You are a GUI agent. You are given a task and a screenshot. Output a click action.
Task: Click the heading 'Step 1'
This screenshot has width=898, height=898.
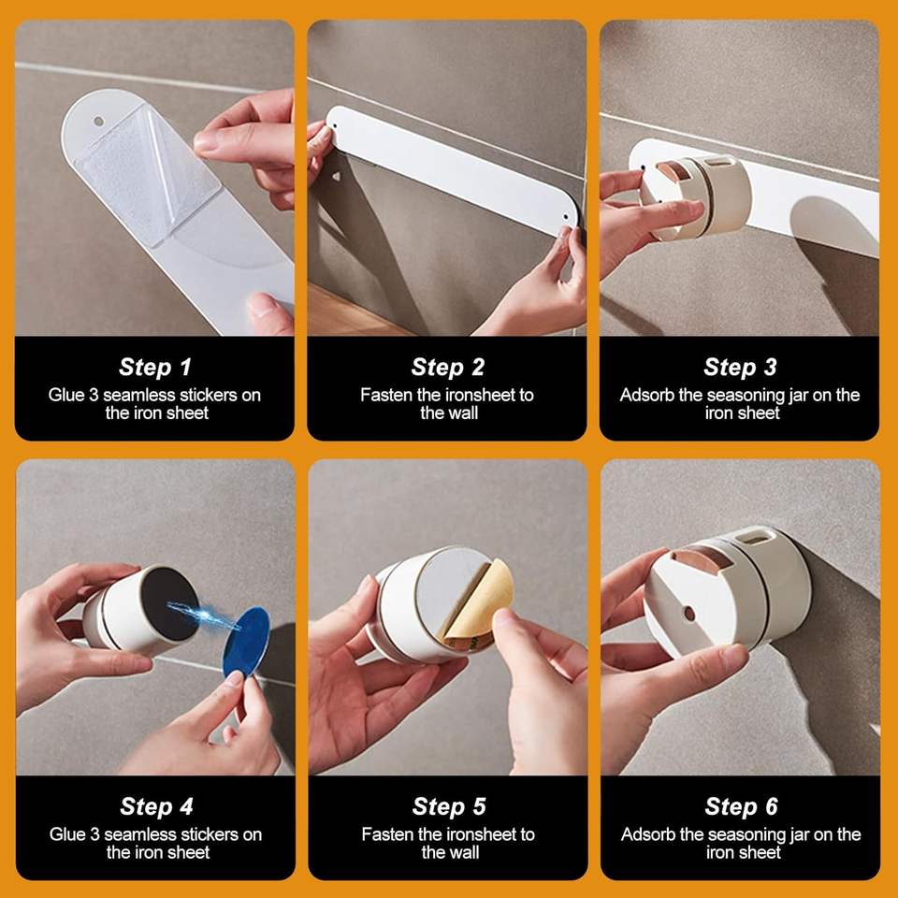point(154,367)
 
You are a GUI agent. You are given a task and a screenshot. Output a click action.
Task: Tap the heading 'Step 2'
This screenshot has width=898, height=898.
point(448,367)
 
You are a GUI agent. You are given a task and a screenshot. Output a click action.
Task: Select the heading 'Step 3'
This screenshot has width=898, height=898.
point(740,367)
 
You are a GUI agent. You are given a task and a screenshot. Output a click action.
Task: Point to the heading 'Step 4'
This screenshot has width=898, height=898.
point(156,806)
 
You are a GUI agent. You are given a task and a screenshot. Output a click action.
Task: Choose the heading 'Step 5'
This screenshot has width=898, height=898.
point(449,806)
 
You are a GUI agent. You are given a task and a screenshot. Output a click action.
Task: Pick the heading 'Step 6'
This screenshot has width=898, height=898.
point(741,806)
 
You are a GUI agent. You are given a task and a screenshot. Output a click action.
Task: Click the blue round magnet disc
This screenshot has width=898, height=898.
point(246,642)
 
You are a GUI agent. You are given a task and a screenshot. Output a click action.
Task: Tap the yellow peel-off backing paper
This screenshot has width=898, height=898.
point(478,607)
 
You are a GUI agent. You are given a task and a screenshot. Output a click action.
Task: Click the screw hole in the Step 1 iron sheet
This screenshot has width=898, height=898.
point(98,122)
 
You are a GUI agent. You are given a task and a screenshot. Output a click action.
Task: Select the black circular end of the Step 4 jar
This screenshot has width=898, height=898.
point(169,605)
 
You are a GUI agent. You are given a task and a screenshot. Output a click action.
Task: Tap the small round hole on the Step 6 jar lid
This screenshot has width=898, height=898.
point(689,614)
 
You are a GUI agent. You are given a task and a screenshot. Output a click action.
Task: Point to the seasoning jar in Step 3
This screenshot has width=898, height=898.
point(695,196)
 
